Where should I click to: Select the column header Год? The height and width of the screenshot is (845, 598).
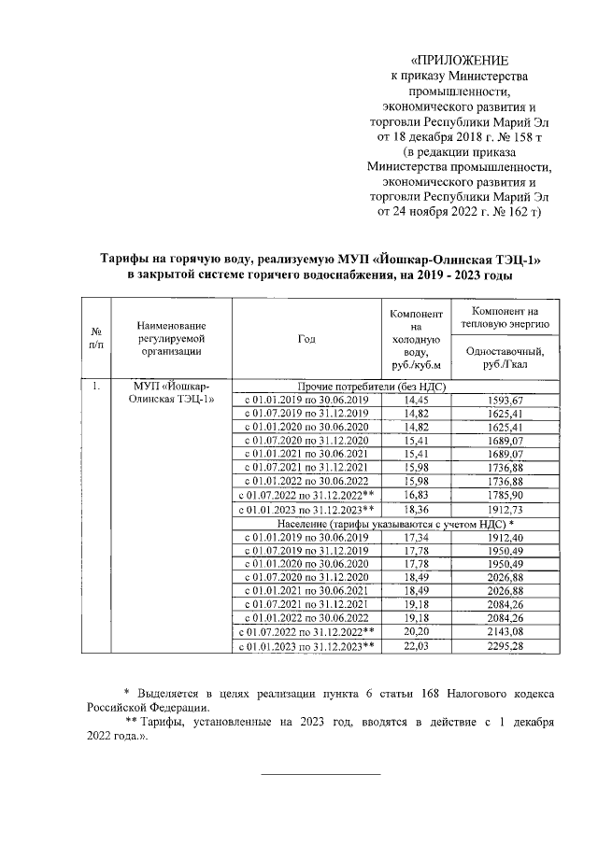tap(306, 339)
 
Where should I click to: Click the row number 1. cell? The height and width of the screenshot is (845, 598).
tap(95, 386)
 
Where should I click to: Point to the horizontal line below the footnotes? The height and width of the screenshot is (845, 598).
tap(320, 774)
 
